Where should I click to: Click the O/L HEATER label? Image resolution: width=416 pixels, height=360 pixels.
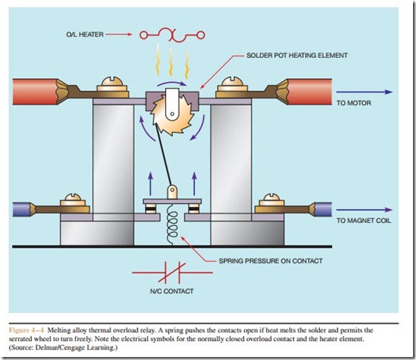pos(85,34)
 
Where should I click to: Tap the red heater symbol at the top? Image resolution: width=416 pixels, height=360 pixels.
pos(173,35)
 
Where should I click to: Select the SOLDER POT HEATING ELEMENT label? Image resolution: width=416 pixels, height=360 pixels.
pos(297,55)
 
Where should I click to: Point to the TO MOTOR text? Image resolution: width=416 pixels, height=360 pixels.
pos(353,103)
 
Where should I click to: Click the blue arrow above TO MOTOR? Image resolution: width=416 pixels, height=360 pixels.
pos(364,92)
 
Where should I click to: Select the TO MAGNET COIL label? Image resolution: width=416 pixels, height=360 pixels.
pos(364,221)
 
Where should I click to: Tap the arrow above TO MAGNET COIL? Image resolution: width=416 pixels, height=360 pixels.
pos(364,210)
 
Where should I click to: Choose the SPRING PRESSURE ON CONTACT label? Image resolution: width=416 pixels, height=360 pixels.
pos(271,261)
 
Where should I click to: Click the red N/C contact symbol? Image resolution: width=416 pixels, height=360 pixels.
pos(173,272)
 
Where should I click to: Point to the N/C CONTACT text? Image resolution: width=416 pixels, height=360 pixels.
pos(172,292)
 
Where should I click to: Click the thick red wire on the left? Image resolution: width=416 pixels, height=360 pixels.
pos(36,91)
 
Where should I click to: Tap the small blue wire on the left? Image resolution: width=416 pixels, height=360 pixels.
pos(22,209)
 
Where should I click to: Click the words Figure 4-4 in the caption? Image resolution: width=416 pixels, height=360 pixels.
pos(26,330)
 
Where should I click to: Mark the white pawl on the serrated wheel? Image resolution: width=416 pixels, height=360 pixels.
pos(172,103)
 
